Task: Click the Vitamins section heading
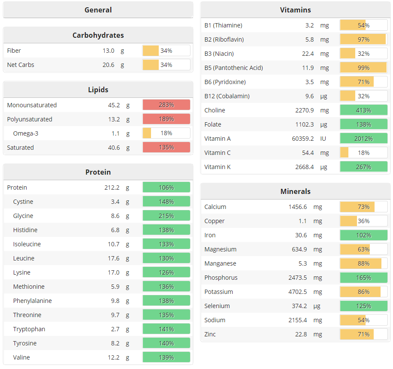coord(295,10)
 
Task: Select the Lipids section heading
coord(98,90)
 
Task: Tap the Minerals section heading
coord(295,191)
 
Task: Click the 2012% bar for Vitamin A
coord(363,139)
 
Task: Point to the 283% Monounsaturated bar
coord(166,105)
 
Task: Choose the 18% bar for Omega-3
coord(166,133)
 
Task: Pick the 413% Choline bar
coord(363,110)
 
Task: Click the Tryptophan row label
coord(29,329)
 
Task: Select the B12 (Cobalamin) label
coord(227,96)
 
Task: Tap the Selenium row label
coord(217,306)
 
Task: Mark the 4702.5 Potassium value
coord(297,292)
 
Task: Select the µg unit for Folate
coord(324,124)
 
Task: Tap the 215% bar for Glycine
coord(166,216)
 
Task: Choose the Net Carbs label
coord(21,65)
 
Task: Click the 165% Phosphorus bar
coord(363,278)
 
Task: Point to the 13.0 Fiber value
coord(109,51)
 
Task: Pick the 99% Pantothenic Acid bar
coord(363,68)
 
